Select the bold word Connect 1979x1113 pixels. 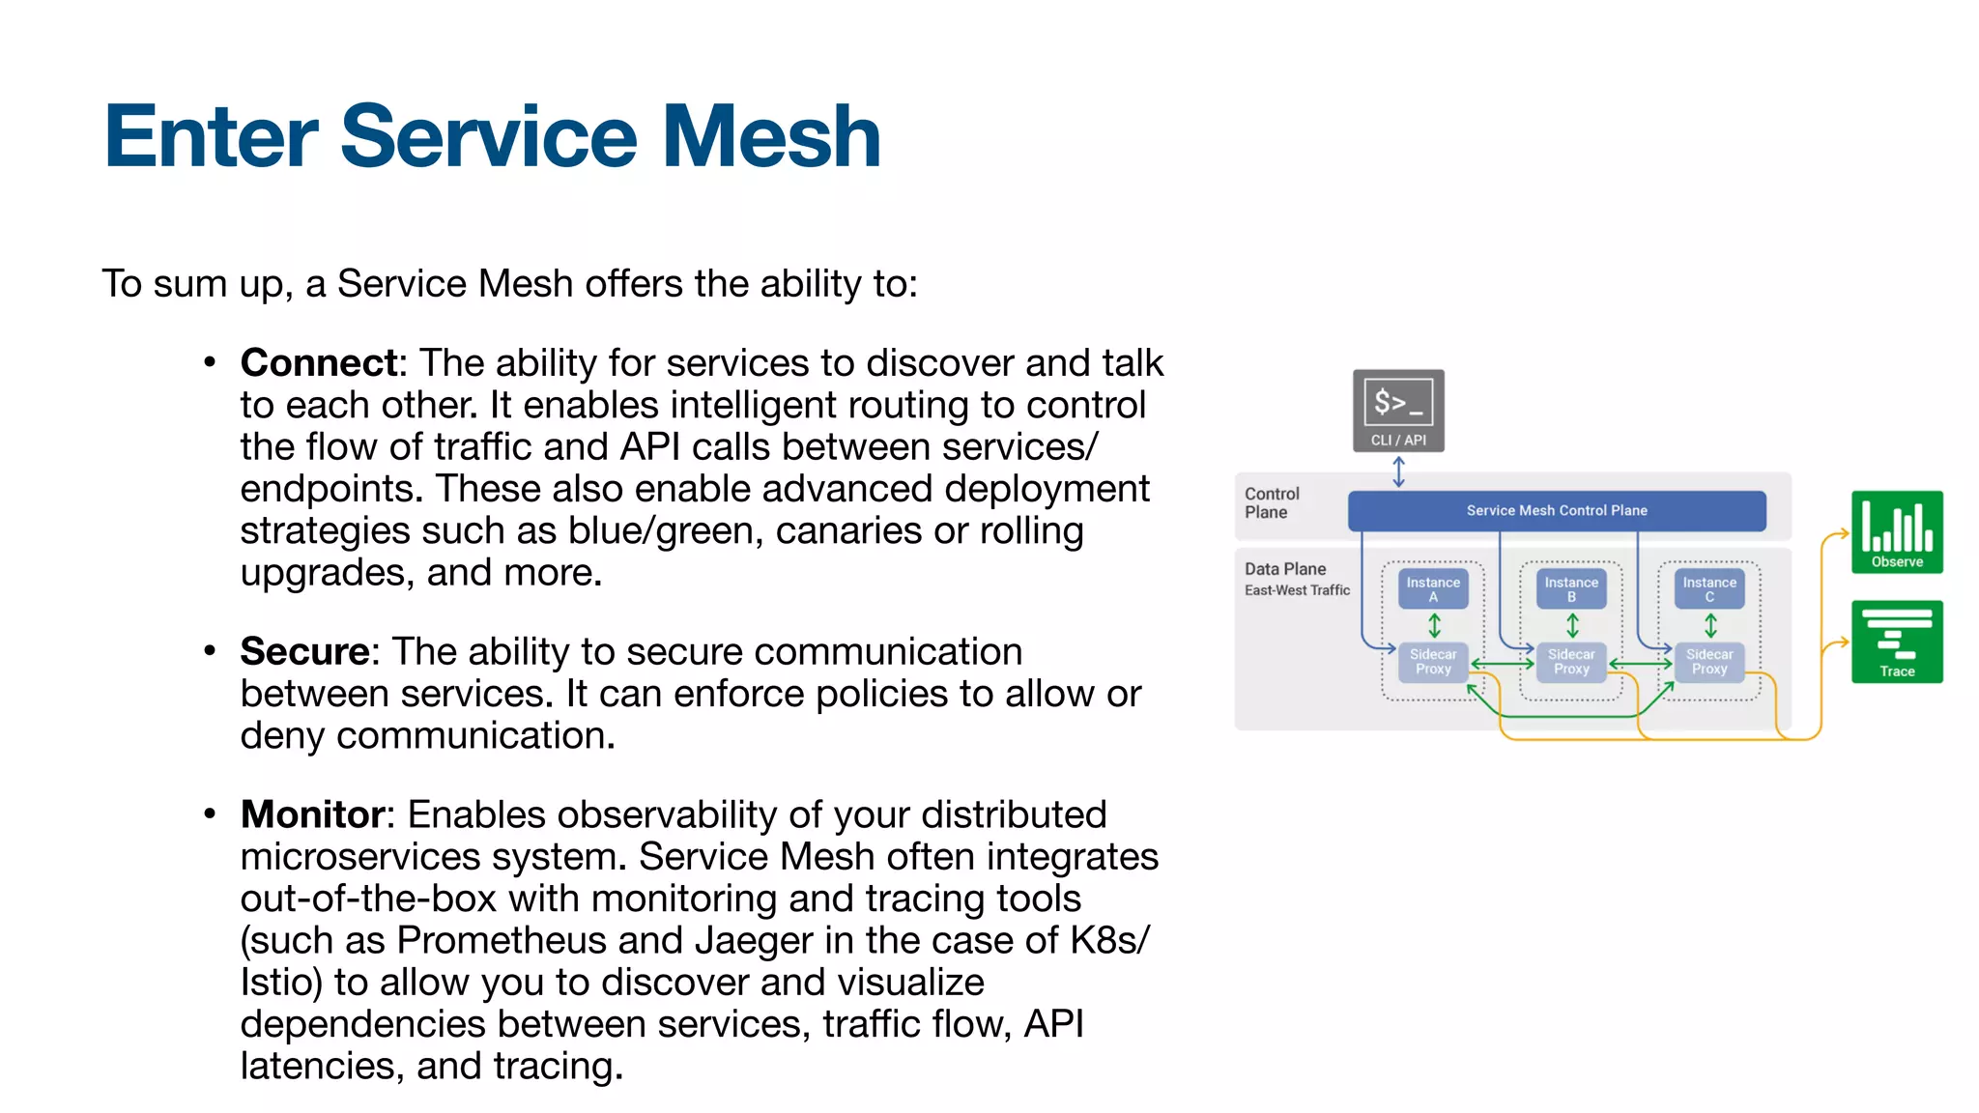coord(319,363)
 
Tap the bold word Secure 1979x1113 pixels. coord(304,652)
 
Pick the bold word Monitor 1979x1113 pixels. coord(312,815)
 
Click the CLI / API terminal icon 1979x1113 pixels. coord(1398,410)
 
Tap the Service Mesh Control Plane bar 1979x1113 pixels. coord(1557,510)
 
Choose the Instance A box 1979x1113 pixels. coord(1433,589)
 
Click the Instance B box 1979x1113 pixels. coord(1571,589)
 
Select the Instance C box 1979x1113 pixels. coord(1709,589)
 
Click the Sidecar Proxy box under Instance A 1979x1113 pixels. coord(1433,662)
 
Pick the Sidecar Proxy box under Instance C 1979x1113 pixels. coord(1709,662)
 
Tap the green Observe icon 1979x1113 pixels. coord(1897,531)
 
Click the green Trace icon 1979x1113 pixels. coord(1897,642)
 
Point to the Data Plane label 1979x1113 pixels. coord(1285,569)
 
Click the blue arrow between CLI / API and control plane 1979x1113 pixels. coord(1398,471)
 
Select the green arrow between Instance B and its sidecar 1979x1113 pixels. coord(1572,626)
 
